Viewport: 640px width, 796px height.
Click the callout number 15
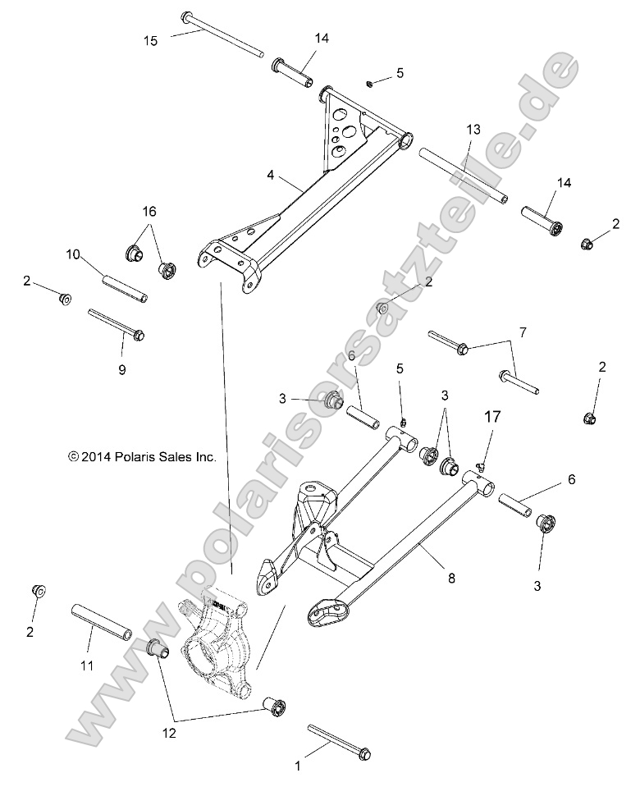[x=149, y=39]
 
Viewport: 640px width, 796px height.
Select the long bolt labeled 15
[x=222, y=34]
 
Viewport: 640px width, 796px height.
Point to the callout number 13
[x=473, y=130]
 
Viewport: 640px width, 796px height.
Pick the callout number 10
[x=73, y=254]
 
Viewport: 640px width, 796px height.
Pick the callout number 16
[x=148, y=211]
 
